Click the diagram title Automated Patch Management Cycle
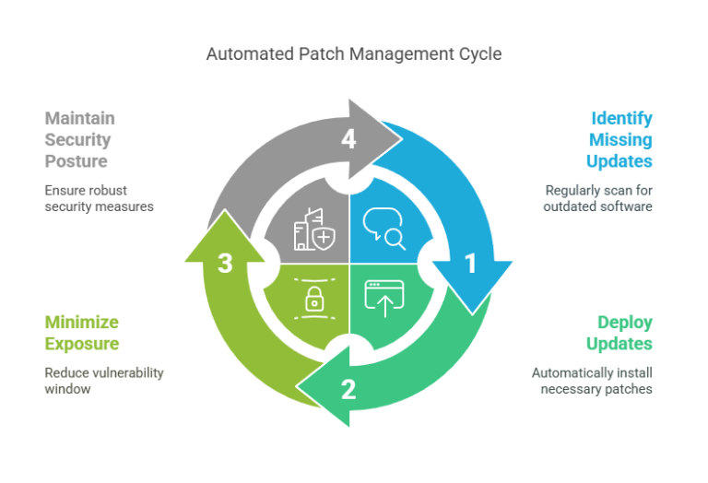point(354,54)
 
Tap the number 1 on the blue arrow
point(470,264)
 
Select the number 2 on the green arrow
point(348,389)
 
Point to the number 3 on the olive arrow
point(225,264)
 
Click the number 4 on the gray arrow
point(348,140)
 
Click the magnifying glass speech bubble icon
point(384,228)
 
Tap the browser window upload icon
point(383,300)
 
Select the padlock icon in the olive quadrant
point(314,299)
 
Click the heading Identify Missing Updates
point(620,140)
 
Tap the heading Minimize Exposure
point(82,333)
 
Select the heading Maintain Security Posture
point(79,140)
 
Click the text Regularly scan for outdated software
point(598,198)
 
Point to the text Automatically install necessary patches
point(592,381)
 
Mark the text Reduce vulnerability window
point(104,381)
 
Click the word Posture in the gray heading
point(77,161)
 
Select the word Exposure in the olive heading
point(82,344)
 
